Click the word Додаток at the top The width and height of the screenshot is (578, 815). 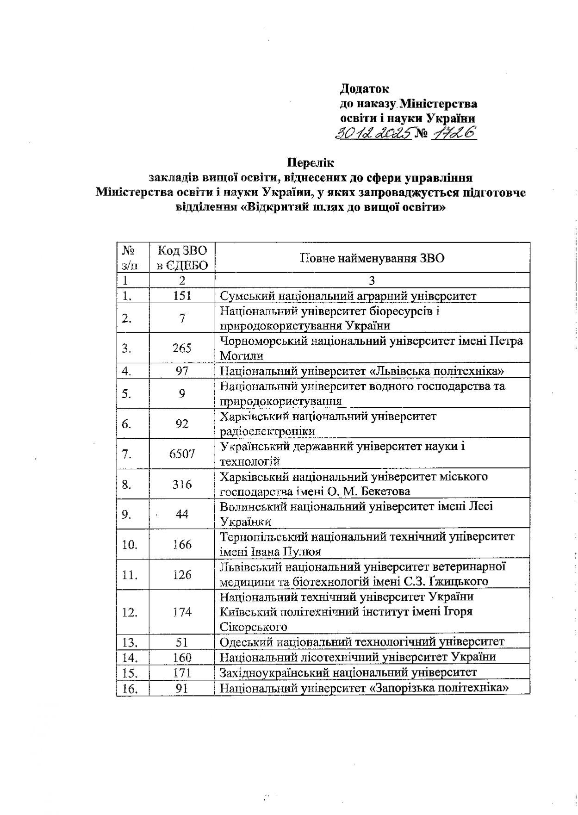(x=364, y=88)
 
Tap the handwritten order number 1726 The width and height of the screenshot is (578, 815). (x=454, y=133)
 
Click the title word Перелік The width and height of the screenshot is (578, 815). (x=311, y=163)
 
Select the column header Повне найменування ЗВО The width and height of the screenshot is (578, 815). (x=372, y=258)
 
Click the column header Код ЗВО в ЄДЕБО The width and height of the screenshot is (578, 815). (x=182, y=258)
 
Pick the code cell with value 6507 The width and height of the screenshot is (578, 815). (x=182, y=454)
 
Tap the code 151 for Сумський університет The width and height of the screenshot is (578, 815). (x=182, y=296)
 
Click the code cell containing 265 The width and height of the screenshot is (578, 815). (x=182, y=348)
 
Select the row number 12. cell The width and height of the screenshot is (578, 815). (x=130, y=612)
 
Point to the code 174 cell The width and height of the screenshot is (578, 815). (x=182, y=612)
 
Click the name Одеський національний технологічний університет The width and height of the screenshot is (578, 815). (x=361, y=642)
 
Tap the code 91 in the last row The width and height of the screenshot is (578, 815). (x=182, y=688)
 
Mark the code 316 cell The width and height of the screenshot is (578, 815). (x=182, y=484)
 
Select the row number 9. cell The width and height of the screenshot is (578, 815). (x=127, y=514)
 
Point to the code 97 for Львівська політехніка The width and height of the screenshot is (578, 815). (x=182, y=371)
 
